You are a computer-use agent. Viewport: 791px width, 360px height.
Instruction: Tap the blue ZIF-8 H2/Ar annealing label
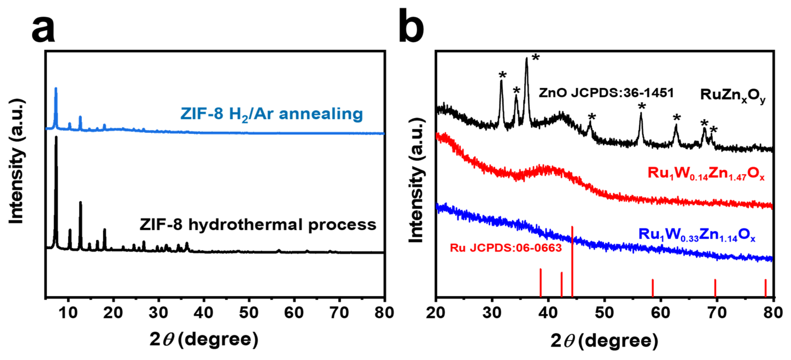point(271,114)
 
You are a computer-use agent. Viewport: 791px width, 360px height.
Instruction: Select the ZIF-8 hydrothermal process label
point(258,225)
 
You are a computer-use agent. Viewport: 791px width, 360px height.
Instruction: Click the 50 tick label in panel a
point(249,313)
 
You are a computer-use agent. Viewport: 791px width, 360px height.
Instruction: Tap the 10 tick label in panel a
point(68,313)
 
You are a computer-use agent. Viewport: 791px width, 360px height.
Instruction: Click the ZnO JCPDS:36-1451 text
point(606,93)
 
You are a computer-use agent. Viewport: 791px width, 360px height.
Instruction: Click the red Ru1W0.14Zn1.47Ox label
point(706,174)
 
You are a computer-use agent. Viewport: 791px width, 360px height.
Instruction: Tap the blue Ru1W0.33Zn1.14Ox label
point(697,235)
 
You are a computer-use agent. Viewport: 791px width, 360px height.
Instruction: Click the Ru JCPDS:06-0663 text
point(506,248)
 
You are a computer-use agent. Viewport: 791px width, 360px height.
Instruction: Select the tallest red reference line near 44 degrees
point(572,261)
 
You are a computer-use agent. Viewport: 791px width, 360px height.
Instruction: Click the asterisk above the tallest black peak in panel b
point(535,57)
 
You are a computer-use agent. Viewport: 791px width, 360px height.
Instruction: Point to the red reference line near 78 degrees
point(766,288)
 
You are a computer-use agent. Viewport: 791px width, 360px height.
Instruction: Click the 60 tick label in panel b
point(661,313)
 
